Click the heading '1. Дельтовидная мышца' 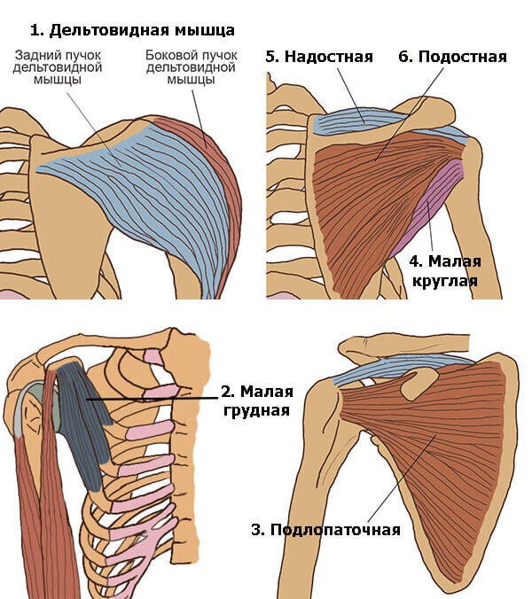(132, 30)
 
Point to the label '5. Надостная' (319, 57)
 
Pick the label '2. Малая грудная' (258, 401)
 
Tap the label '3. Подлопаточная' (325, 530)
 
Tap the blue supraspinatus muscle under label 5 (355, 118)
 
